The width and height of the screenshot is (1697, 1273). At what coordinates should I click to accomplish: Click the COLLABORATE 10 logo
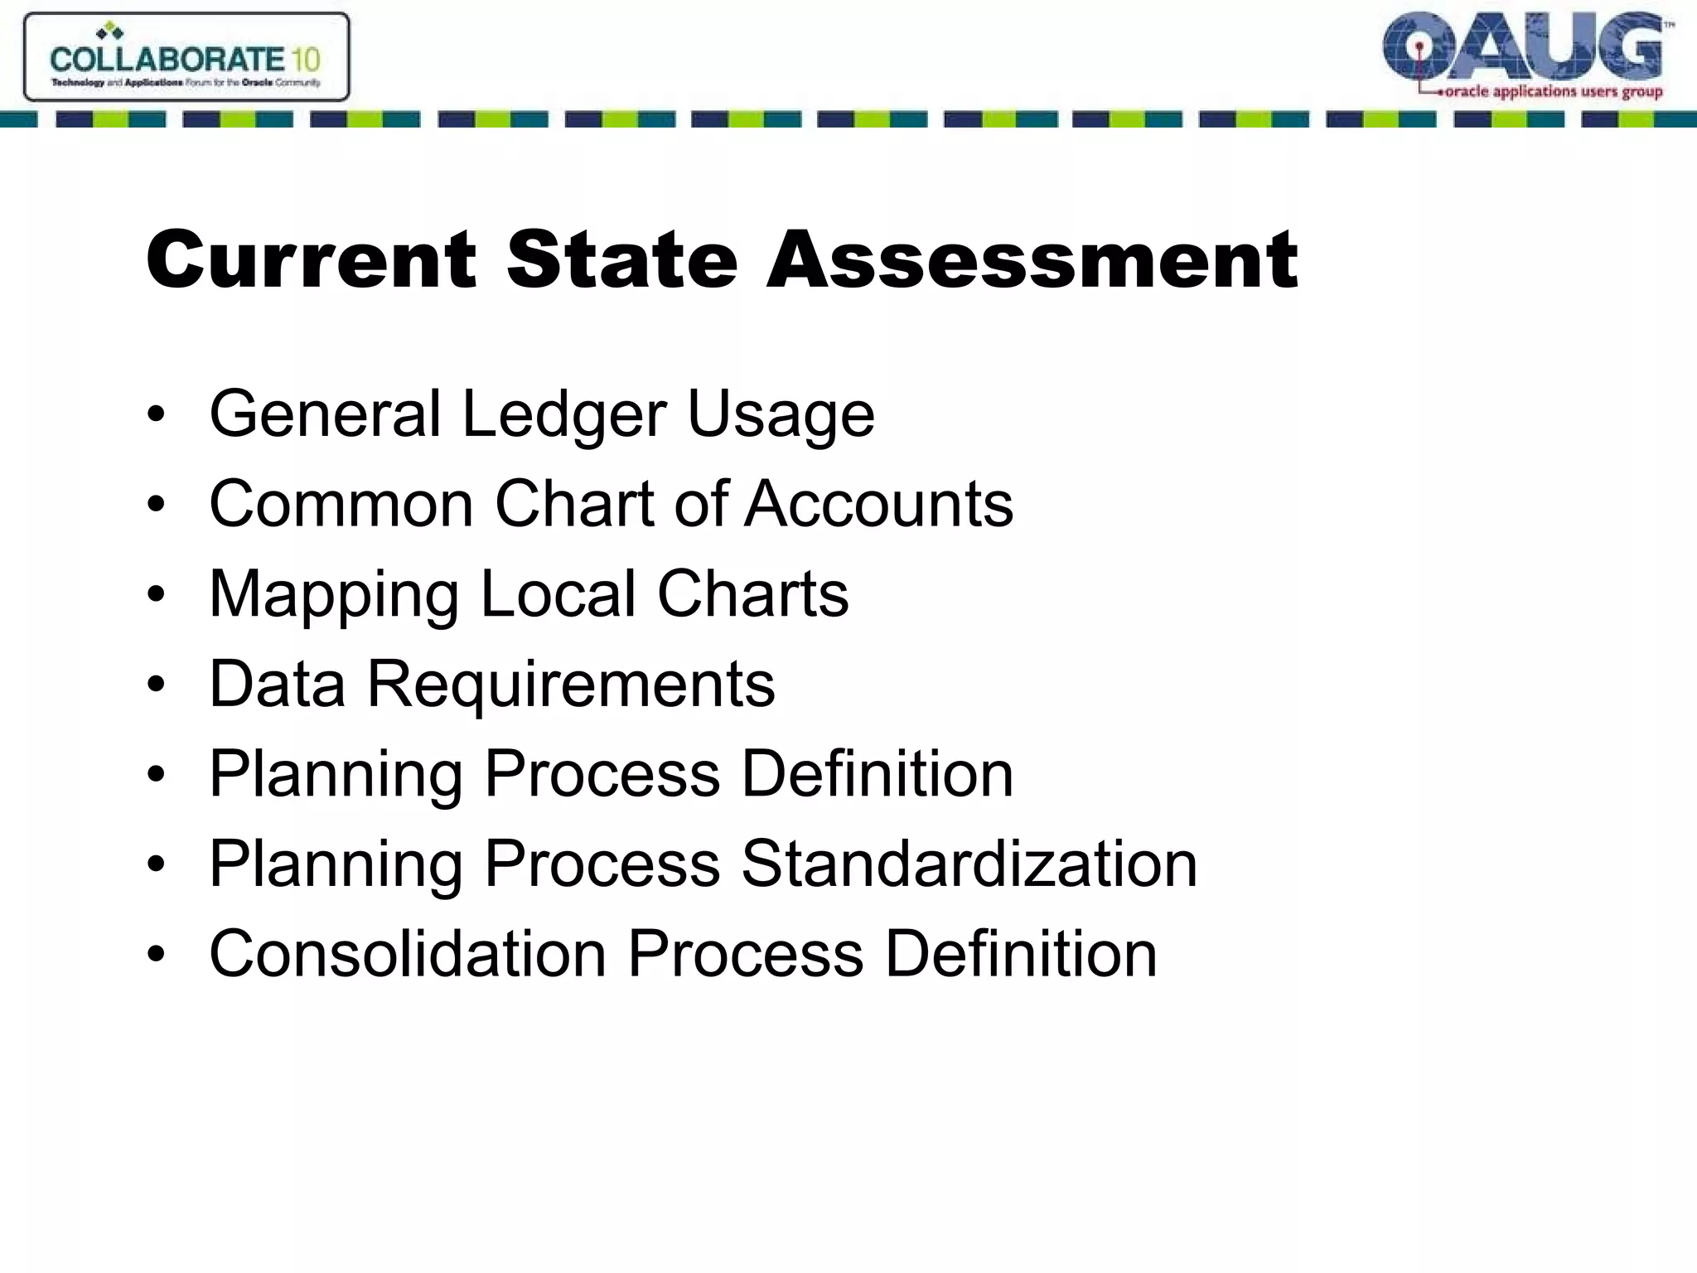186,57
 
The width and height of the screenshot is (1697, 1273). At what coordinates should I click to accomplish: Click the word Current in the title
312,260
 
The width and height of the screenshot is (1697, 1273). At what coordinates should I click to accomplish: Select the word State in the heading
621,260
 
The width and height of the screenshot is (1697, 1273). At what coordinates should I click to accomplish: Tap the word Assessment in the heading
1032,260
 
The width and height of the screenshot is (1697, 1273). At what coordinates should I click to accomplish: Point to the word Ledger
563,414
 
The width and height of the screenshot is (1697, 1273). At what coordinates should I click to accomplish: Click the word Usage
781,414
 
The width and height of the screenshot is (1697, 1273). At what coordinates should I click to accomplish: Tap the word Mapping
334,595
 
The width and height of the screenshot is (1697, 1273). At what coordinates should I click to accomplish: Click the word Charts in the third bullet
752,593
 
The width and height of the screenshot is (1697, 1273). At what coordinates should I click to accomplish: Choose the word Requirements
570,685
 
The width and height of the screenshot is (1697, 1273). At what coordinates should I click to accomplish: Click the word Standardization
969,864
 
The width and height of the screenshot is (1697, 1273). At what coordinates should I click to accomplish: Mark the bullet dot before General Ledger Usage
156,414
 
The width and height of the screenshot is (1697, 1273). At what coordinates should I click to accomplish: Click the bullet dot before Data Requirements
156,685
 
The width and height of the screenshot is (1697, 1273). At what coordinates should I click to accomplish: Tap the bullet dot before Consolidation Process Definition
156,954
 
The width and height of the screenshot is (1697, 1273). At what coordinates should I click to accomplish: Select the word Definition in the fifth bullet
877,774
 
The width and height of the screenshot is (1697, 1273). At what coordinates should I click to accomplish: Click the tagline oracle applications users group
1553,92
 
